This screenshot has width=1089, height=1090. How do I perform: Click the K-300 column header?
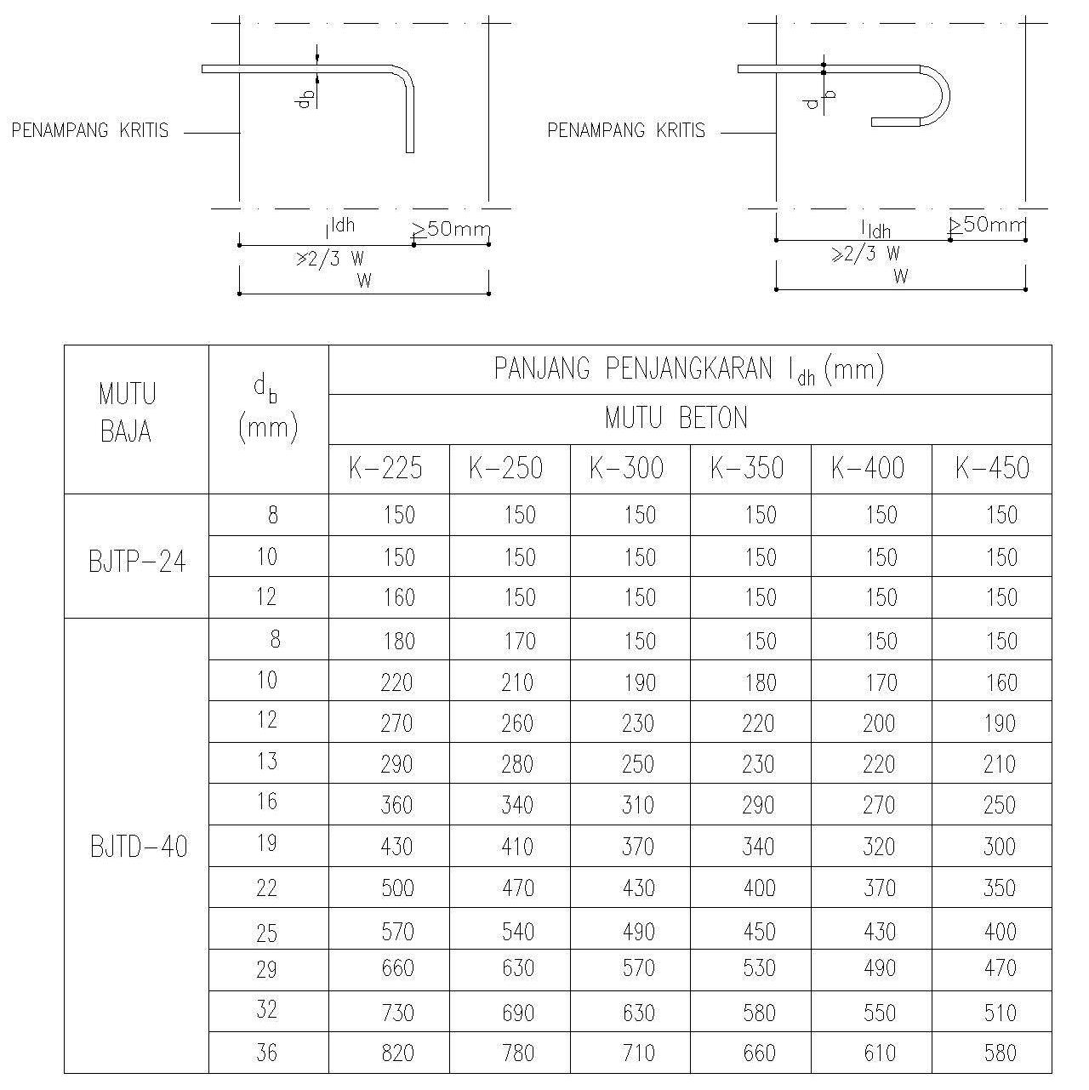click(626, 468)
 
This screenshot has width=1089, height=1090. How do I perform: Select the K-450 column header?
click(991, 468)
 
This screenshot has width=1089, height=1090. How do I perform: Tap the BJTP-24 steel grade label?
click(137, 562)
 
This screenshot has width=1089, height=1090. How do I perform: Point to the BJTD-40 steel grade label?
click(138, 847)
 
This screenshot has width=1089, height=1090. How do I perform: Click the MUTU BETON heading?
click(676, 419)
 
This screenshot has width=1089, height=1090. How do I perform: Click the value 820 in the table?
click(397, 1053)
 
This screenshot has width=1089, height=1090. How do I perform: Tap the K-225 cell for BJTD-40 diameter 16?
click(397, 805)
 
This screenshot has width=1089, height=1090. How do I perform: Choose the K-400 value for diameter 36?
click(879, 1053)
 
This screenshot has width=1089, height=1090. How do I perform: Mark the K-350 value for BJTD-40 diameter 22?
click(758, 888)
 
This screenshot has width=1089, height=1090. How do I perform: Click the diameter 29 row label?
click(267, 969)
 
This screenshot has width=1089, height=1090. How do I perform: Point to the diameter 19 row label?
click(267, 844)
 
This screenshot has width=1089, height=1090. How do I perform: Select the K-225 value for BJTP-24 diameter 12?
click(397, 597)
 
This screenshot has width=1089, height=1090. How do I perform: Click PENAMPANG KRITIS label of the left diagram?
click(90, 131)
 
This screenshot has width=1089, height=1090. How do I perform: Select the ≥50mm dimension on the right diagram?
click(988, 225)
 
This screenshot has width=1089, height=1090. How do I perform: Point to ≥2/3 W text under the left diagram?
click(330, 260)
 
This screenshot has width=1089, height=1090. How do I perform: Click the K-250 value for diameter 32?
click(517, 1013)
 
